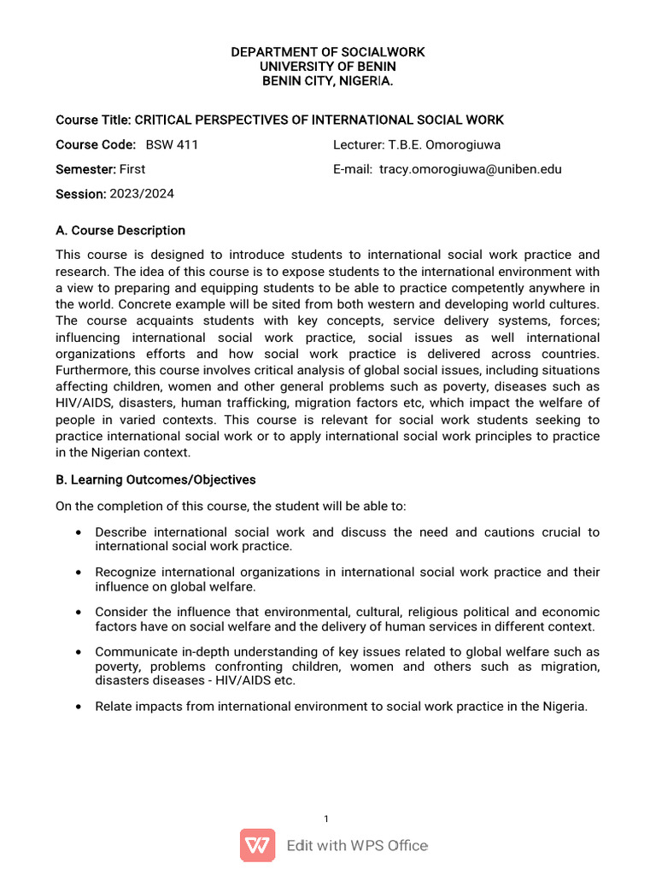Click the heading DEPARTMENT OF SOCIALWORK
[x=328, y=52]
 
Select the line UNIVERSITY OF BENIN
[x=328, y=67]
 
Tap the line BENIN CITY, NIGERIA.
[x=328, y=81]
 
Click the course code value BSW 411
[x=172, y=144]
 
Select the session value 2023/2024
[x=142, y=194]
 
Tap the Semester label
[x=85, y=169]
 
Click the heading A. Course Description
[x=120, y=231]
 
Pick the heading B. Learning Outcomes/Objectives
[x=155, y=479]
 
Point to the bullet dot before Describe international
[x=79, y=532]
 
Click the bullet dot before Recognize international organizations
[x=79, y=573]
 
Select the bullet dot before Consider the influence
[x=79, y=613]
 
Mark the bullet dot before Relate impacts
[x=79, y=707]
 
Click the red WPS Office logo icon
[x=258, y=846]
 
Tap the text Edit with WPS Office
[x=357, y=846]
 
